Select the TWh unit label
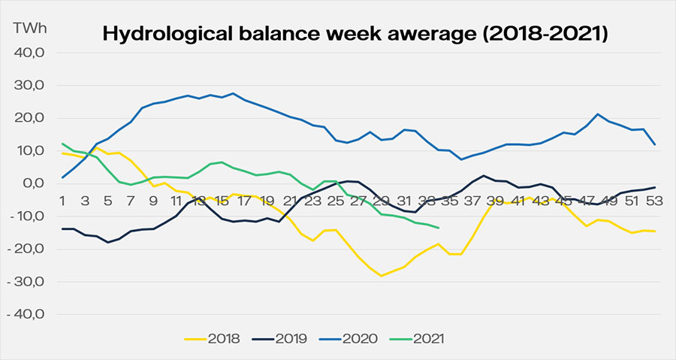pyautogui.click(x=29, y=27)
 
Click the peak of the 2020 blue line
pyautogui.click(x=234, y=94)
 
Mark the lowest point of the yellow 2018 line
pyautogui.click(x=382, y=276)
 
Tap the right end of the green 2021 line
pyautogui.click(x=439, y=228)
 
